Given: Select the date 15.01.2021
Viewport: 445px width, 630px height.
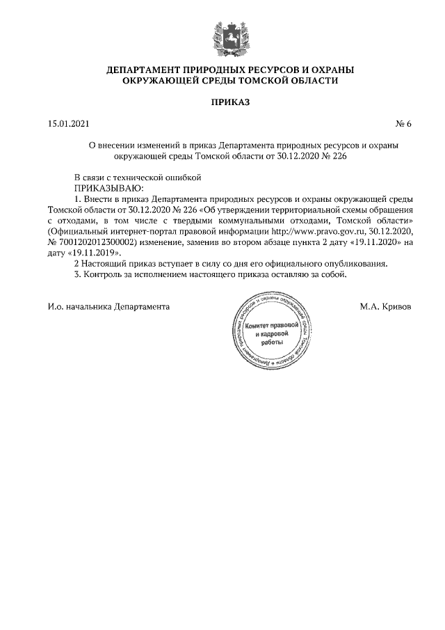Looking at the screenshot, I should pos(68,124).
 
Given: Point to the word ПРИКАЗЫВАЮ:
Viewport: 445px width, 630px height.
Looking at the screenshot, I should pos(108,187).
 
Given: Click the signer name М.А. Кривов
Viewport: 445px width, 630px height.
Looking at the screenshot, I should pos(385,306).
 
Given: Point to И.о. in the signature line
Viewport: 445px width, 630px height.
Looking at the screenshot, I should pos(56,306).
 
